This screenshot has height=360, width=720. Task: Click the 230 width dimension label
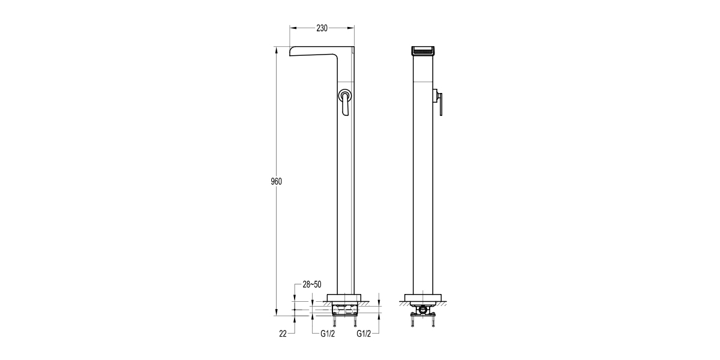tap(322, 28)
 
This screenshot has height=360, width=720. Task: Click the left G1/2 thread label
tap(328, 334)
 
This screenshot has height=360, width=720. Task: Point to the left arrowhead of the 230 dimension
tap(292, 28)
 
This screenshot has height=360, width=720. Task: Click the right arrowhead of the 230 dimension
tap(352, 28)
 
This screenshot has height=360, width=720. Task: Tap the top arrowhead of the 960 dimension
tap(277, 50)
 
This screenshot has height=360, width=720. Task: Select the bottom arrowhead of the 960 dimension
tap(277, 313)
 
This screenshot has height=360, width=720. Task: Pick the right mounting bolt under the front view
tap(433, 323)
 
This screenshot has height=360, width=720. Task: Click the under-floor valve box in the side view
tap(346, 310)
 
